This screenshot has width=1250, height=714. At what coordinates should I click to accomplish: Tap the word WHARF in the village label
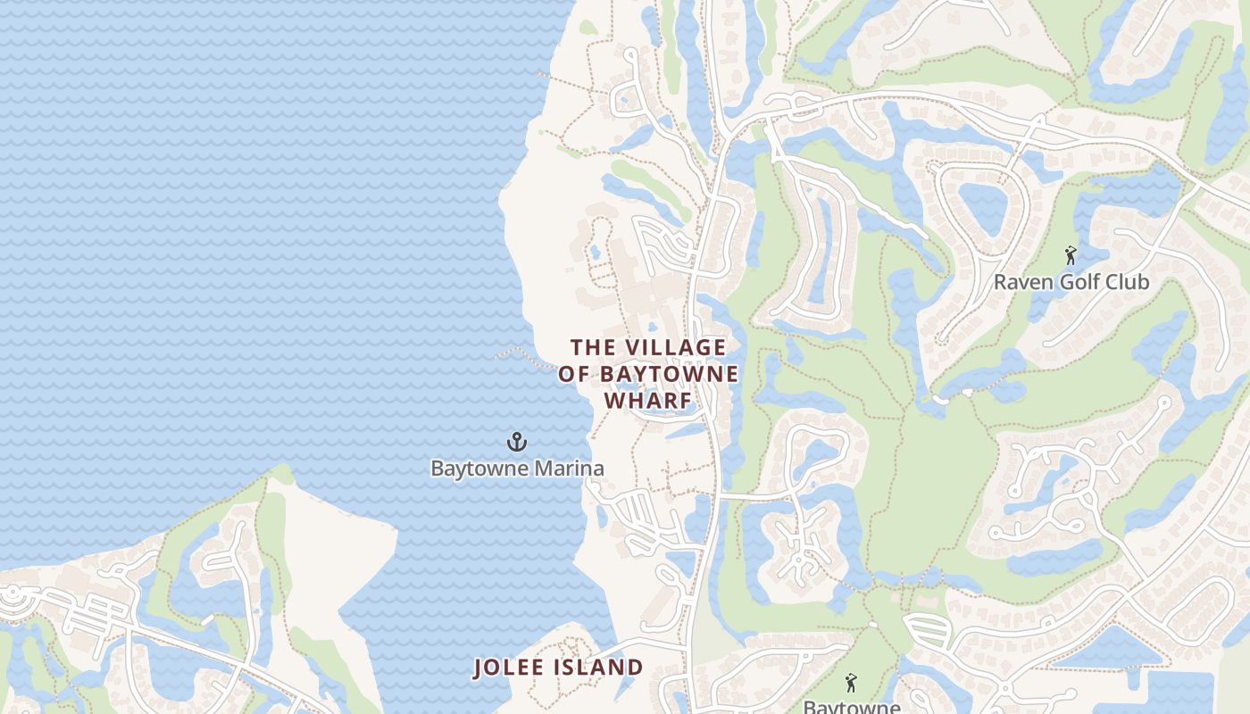point(648,401)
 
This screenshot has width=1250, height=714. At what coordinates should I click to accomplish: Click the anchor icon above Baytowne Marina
point(517,442)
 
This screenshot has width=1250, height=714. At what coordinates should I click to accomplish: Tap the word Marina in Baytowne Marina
point(563,468)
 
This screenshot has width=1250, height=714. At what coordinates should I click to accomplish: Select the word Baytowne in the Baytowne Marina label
point(474,468)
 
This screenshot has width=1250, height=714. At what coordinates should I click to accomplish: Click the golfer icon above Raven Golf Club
point(1071,256)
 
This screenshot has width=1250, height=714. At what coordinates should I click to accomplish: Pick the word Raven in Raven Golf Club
point(1022,282)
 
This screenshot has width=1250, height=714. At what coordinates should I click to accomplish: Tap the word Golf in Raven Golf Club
point(1078,282)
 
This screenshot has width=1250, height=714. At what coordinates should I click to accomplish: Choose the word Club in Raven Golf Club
point(1126,282)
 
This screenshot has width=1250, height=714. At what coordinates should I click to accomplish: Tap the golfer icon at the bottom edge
point(850,683)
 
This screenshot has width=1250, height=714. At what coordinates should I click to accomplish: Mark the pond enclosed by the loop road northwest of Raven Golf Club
point(983,207)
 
